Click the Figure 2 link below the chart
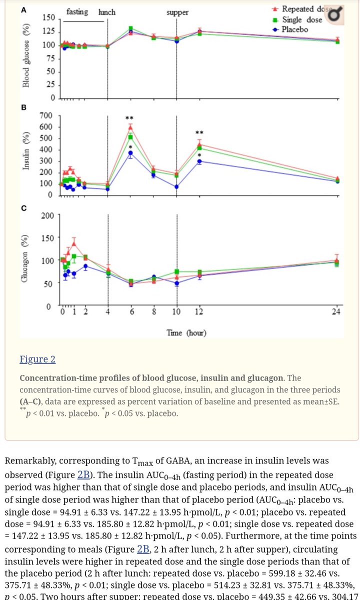click(x=37, y=359)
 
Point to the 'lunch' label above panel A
click(x=107, y=12)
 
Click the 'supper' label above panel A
click(x=177, y=12)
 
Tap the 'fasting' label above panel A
click(x=78, y=11)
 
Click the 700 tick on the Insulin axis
click(x=46, y=116)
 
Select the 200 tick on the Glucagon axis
click(x=47, y=215)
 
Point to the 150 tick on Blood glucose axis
click(x=48, y=18)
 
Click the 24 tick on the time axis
click(x=336, y=312)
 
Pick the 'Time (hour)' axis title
click(x=185, y=332)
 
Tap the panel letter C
click(x=23, y=208)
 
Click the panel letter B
click(x=23, y=107)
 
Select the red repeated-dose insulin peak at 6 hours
click(x=130, y=127)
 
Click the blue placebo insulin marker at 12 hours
click(x=199, y=161)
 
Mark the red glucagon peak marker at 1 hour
click(x=73, y=244)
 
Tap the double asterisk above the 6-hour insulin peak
click(x=130, y=118)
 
